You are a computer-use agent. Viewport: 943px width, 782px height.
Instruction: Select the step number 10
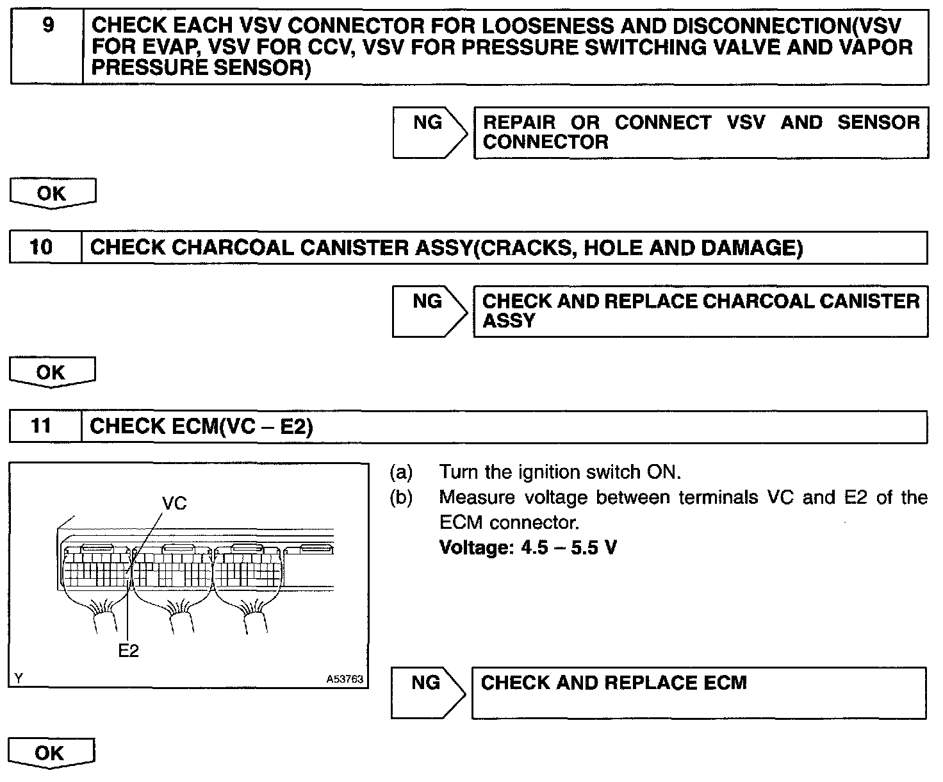(42, 247)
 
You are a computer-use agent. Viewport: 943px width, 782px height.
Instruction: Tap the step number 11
(42, 426)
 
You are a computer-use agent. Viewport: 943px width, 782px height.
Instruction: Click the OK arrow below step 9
(52, 194)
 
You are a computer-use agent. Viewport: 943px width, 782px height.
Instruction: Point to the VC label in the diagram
(174, 503)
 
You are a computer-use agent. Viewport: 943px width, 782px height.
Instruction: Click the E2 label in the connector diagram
(129, 651)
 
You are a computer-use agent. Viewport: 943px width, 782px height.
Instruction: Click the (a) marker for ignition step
(401, 472)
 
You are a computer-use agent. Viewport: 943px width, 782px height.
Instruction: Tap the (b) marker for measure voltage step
(401, 498)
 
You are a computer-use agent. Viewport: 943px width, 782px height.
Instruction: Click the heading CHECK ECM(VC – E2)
(201, 427)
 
